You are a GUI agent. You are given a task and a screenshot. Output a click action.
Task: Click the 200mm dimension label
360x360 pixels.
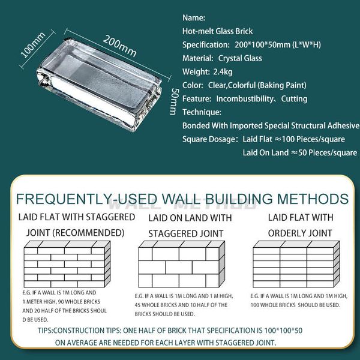pos(119,46)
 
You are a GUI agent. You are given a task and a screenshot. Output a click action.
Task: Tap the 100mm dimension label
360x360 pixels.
pos(33,45)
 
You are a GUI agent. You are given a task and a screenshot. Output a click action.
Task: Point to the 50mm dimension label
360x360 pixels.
pos(173,101)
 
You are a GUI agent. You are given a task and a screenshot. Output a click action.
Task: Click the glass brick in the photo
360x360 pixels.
pos(99,84)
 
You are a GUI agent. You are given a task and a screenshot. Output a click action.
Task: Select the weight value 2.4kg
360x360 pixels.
pos(223,72)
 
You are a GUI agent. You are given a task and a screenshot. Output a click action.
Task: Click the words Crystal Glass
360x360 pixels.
pos(240,58)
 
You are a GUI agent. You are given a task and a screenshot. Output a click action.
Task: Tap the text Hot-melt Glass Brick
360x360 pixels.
pos(217,31)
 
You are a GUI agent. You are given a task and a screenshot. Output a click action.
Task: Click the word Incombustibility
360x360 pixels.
pos(245,99)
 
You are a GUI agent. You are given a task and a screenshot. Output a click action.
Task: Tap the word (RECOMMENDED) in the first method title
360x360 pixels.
pos(88,233)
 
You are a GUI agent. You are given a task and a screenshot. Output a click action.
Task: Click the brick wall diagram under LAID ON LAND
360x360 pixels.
pos(181,264)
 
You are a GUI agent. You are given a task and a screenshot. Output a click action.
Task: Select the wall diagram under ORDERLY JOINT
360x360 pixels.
pos(296,264)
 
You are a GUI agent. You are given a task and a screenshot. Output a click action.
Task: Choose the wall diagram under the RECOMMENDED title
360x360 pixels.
pos(67,264)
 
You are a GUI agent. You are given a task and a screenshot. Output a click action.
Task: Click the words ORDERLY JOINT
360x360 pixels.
pos(300,233)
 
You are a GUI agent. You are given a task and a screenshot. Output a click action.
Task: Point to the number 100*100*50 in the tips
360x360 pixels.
pos(283,331)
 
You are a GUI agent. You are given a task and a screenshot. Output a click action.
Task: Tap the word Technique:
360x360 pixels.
pos(202,112)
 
